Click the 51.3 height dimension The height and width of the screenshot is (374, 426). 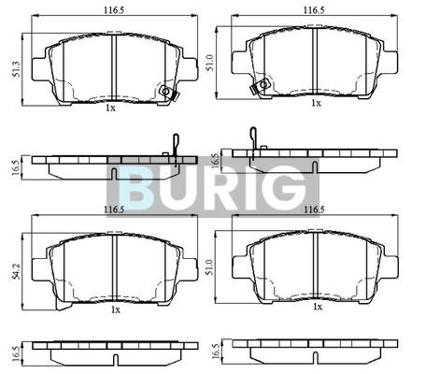17,69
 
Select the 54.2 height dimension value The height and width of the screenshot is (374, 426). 17,271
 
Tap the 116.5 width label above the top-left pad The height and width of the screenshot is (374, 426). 114,10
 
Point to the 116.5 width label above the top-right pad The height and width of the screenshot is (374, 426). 314,10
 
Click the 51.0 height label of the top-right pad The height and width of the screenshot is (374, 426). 210,63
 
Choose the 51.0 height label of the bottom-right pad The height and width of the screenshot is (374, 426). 210,267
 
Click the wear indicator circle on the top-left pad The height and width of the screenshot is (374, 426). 165,91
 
